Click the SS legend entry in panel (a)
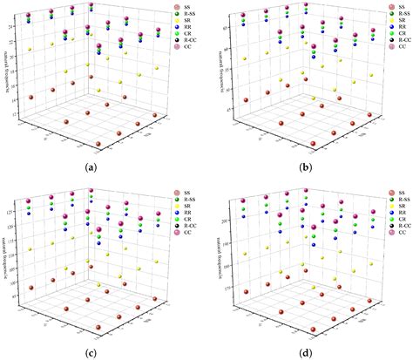click(182, 8)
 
